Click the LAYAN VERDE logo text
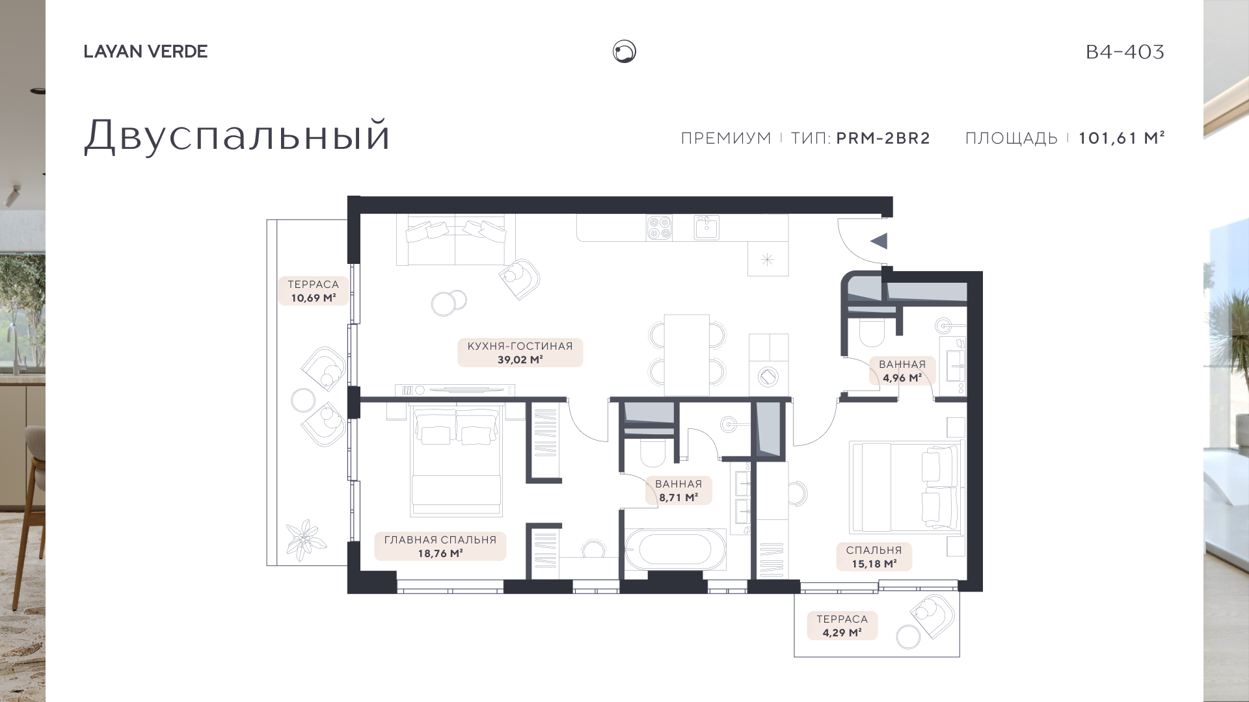click(146, 51)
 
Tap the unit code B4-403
click(1125, 52)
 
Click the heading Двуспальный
click(237, 136)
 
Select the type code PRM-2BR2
click(883, 138)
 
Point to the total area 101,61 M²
click(1121, 138)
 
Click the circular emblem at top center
click(624, 51)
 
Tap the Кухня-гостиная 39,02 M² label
click(520, 352)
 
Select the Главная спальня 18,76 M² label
click(440, 547)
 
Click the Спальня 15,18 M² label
click(874, 557)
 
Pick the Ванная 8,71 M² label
click(678, 491)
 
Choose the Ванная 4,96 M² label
click(902, 371)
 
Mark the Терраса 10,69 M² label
click(314, 291)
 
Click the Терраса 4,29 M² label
click(842, 626)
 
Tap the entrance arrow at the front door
click(879, 241)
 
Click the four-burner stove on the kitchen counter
click(659, 227)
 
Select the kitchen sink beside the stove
click(706, 227)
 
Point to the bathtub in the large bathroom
click(676, 550)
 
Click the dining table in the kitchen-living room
click(687, 355)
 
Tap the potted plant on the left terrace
click(306, 539)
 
